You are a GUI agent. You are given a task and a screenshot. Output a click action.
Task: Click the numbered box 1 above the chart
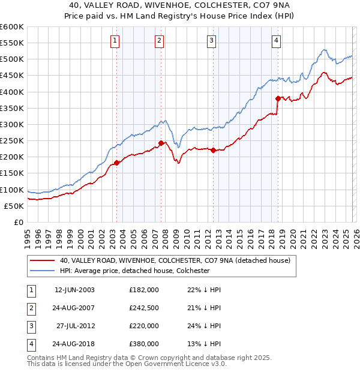click(x=115, y=41)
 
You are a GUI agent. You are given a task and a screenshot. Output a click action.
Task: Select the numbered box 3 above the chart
click(x=212, y=41)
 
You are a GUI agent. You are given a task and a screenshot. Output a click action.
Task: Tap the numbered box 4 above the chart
click(x=276, y=41)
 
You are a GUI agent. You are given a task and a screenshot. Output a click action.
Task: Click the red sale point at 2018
click(x=278, y=98)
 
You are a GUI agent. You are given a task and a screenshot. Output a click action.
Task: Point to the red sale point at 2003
click(x=116, y=163)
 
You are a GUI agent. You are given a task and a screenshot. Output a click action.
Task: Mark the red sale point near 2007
click(x=161, y=143)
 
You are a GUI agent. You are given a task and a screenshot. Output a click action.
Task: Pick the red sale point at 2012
click(x=214, y=151)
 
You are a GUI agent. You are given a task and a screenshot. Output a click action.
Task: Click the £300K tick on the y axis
click(x=12, y=124)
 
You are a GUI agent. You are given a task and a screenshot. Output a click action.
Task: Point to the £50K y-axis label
click(x=14, y=206)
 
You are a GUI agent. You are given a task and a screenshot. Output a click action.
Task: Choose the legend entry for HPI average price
click(x=134, y=271)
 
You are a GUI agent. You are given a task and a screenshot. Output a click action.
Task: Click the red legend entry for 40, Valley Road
click(x=175, y=260)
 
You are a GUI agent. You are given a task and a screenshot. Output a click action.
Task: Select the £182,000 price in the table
click(x=144, y=289)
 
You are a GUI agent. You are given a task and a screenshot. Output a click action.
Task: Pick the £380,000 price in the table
click(x=144, y=344)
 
